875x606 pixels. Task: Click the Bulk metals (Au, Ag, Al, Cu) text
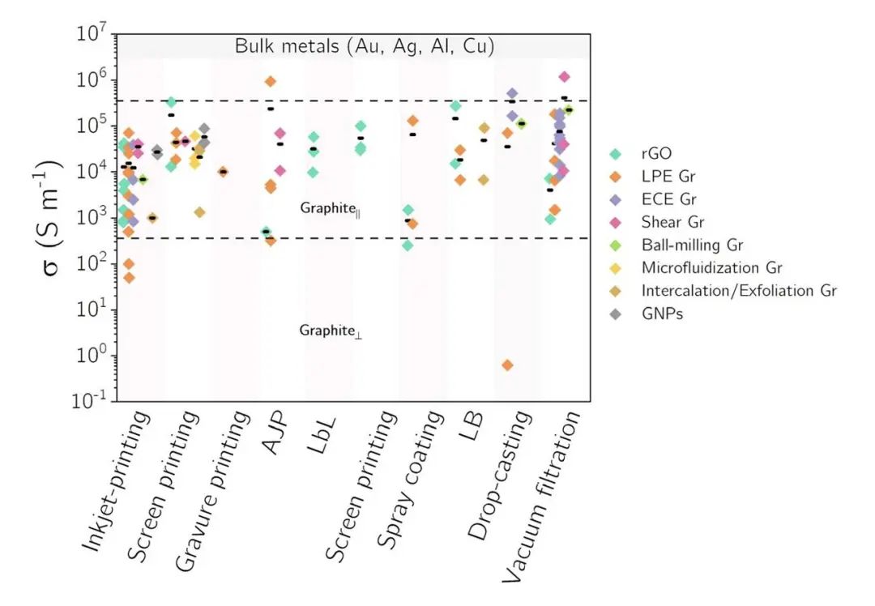coord(365,46)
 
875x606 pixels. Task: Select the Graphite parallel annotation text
coord(331,209)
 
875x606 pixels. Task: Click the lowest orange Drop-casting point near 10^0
coord(507,365)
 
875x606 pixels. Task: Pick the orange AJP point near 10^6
coord(271,81)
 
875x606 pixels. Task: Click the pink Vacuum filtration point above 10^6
coord(565,77)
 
